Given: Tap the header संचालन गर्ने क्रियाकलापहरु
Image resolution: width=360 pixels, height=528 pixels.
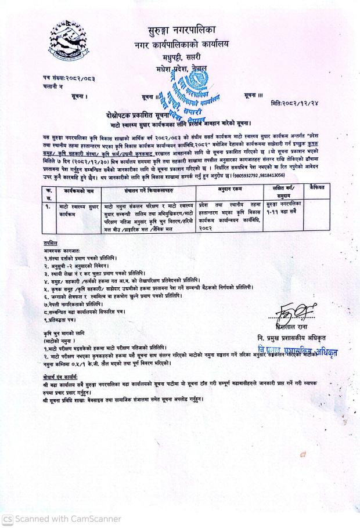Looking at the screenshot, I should click(x=149, y=190).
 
